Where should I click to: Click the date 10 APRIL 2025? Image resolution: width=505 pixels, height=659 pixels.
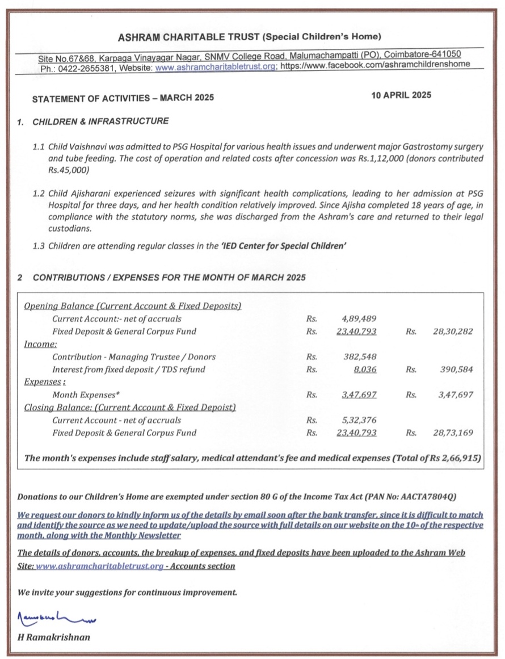(x=401, y=95)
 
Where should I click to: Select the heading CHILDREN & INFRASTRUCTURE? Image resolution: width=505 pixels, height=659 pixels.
(x=100, y=121)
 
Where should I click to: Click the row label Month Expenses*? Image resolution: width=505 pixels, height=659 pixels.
(x=86, y=394)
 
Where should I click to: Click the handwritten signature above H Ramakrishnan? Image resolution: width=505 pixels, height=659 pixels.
(x=57, y=616)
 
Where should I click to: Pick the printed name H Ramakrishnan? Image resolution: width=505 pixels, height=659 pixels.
(x=54, y=637)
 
